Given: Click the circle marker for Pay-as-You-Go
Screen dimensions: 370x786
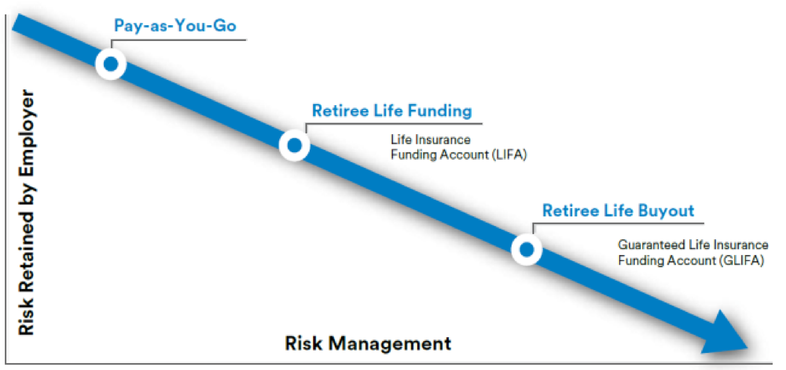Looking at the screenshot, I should tap(111, 64).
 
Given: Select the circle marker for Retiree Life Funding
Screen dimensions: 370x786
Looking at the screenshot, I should tap(294, 145).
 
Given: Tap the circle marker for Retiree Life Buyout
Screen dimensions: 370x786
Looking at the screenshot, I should tap(526, 250).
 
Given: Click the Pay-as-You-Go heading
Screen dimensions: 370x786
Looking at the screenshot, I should tap(175, 26).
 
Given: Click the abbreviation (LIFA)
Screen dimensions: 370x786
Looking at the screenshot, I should tap(509, 155).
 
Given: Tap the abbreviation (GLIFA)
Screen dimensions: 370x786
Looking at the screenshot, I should tap(742, 261).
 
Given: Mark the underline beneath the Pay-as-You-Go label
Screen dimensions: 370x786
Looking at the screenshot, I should tap(183, 40).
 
